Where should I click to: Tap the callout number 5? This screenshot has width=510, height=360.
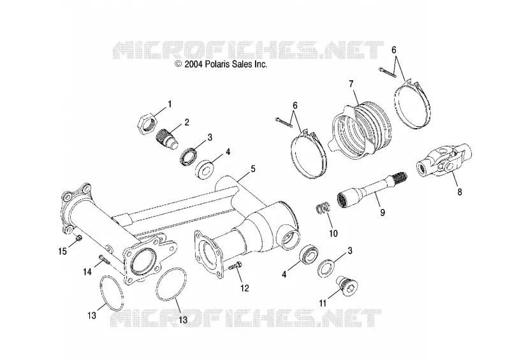pyautogui.click(x=252, y=169)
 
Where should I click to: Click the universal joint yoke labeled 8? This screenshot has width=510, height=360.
pyautogui.click(x=444, y=159)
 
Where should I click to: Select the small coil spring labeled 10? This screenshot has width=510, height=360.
pyautogui.click(x=323, y=209)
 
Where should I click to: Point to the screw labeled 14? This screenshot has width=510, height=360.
pyautogui.click(x=104, y=259)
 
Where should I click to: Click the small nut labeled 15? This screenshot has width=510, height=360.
pyautogui.click(x=79, y=239)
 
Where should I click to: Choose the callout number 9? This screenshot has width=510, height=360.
pyautogui.click(x=383, y=212)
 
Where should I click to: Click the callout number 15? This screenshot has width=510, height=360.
pyautogui.click(x=62, y=251)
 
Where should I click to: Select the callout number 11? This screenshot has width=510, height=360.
pyautogui.click(x=323, y=303)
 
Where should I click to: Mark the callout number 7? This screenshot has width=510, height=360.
pyautogui.click(x=351, y=84)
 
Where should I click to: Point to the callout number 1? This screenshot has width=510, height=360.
pyautogui.click(x=170, y=104)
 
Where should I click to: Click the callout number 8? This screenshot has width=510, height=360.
pyautogui.click(x=460, y=192)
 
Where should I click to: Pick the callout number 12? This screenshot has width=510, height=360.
pyautogui.click(x=245, y=288)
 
